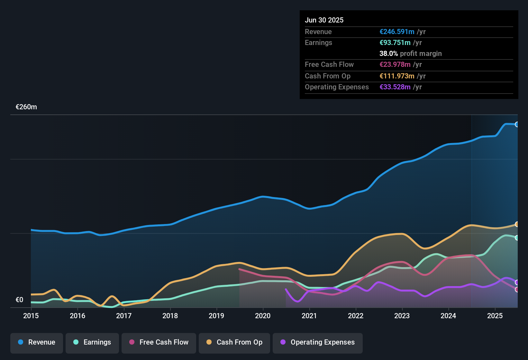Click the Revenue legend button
click(x=37, y=343)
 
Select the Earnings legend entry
click(x=92, y=343)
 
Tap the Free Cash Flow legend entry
click(x=159, y=343)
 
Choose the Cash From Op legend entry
click(x=234, y=343)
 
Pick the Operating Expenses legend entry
click(x=318, y=343)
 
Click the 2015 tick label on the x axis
click(x=31, y=316)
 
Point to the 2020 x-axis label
click(x=263, y=316)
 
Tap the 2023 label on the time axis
click(x=402, y=316)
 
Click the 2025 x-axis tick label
click(x=495, y=316)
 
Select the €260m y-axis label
click(x=26, y=107)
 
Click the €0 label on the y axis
click(x=20, y=300)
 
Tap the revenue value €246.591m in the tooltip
click(x=397, y=32)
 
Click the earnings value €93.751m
click(x=395, y=43)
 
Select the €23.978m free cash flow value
click(x=395, y=65)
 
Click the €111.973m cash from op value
click(x=397, y=76)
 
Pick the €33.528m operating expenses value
click(x=395, y=87)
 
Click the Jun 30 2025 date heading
click(x=324, y=20)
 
